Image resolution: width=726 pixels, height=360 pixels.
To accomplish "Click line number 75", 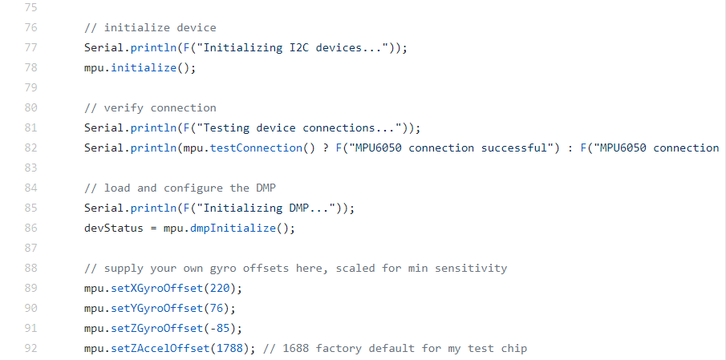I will [x=31, y=8].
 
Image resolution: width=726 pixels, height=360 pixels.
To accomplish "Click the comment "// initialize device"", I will [x=150, y=28].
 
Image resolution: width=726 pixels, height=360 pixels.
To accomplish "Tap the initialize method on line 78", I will [x=144, y=68].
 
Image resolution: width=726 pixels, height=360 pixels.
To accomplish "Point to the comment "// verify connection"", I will [x=150, y=108].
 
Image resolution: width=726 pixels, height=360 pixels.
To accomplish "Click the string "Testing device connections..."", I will [x=300, y=128].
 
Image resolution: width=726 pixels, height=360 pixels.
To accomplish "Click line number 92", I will [x=31, y=349].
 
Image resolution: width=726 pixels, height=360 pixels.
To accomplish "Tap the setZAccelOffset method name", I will [x=163, y=349].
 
